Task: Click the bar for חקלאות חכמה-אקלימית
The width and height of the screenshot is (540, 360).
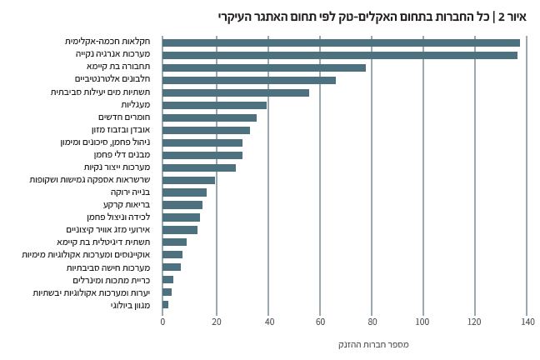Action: click(x=341, y=42)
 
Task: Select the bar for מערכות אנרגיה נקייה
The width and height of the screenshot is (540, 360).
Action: click(x=340, y=55)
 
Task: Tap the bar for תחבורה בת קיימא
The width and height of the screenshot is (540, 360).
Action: click(x=264, y=67)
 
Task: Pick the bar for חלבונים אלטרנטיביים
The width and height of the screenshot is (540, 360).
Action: click(x=249, y=80)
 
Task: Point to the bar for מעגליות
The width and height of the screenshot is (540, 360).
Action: click(x=214, y=105)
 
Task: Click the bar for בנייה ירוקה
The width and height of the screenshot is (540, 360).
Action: click(x=184, y=192)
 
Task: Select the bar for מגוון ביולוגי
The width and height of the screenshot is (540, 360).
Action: click(x=166, y=305)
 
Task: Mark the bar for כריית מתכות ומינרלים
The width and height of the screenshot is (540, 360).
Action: click(x=167, y=280)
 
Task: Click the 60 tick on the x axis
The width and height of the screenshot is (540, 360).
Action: click(x=320, y=322)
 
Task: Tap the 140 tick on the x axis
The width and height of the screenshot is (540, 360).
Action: click(x=527, y=322)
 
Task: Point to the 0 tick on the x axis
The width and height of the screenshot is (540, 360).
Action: click(x=162, y=322)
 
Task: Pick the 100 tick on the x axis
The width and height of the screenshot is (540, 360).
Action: click(x=423, y=322)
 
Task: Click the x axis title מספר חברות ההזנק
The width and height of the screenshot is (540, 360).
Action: click(x=373, y=344)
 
